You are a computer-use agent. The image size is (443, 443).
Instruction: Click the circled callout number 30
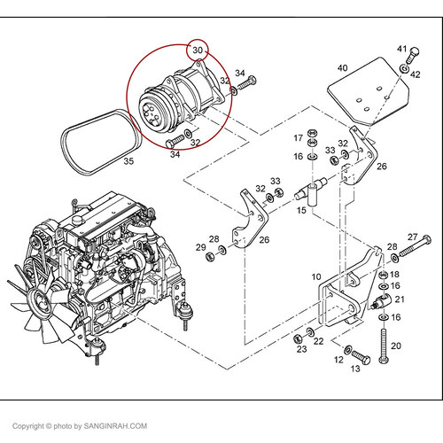click(x=198, y=51)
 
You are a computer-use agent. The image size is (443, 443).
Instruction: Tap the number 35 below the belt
click(x=128, y=161)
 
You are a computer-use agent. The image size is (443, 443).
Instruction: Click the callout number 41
click(x=401, y=49)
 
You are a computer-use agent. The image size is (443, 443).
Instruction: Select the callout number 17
click(x=299, y=138)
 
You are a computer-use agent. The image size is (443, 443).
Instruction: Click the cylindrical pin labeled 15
click(x=314, y=189)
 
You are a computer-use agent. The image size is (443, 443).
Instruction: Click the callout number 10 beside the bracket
click(x=315, y=277)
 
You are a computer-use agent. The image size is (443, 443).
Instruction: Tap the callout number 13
click(x=357, y=369)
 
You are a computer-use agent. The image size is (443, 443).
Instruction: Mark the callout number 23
click(x=301, y=349)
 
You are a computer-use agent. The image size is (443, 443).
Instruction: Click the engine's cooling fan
click(x=35, y=306)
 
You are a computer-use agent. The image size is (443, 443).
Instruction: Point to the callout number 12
click(x=338, y=360)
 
